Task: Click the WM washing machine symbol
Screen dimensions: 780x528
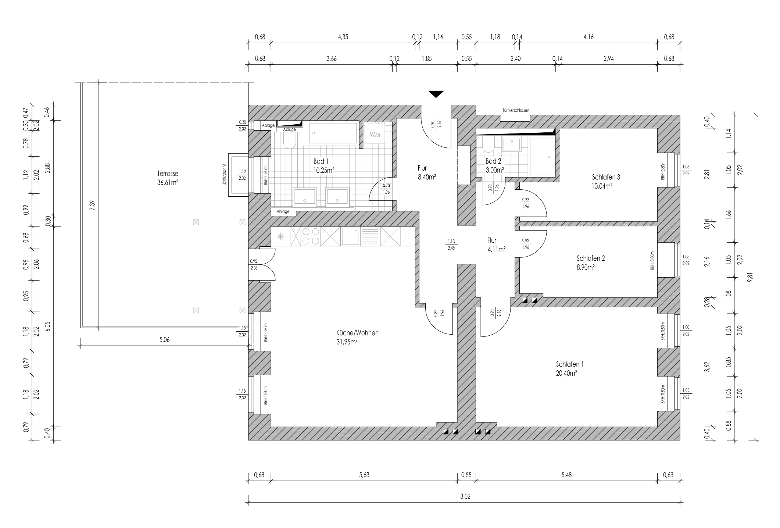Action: click(x=375, y=134)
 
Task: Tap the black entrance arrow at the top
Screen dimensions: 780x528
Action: click(x=436, y=94)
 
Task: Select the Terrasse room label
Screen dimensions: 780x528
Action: click(x=168, y=177)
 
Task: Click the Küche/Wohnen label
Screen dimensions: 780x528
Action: click(x=357, y=337)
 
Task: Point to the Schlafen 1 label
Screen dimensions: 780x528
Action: click(x=570, y=368)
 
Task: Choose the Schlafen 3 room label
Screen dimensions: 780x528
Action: click(x=606, y=181)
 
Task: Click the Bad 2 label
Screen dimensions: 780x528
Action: click(x=493, y=165)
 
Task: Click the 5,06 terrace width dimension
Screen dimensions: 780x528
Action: click(x=164, y=340)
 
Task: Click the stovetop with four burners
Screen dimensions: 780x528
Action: click(x=311, y=236)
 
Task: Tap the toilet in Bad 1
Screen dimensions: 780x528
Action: click(x=290, y=140)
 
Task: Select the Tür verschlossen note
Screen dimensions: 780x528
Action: click(x=516, y=110)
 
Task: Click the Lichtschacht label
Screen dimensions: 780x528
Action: click(x=224, y=174)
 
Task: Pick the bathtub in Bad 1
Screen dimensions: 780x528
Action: click(x=333, y=133)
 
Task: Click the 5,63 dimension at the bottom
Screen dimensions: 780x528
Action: click(x=364, y=475)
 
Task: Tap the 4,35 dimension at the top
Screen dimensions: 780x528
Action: click(x=343, y=37)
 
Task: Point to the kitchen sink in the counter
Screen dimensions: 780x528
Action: click(x=351, y=236)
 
